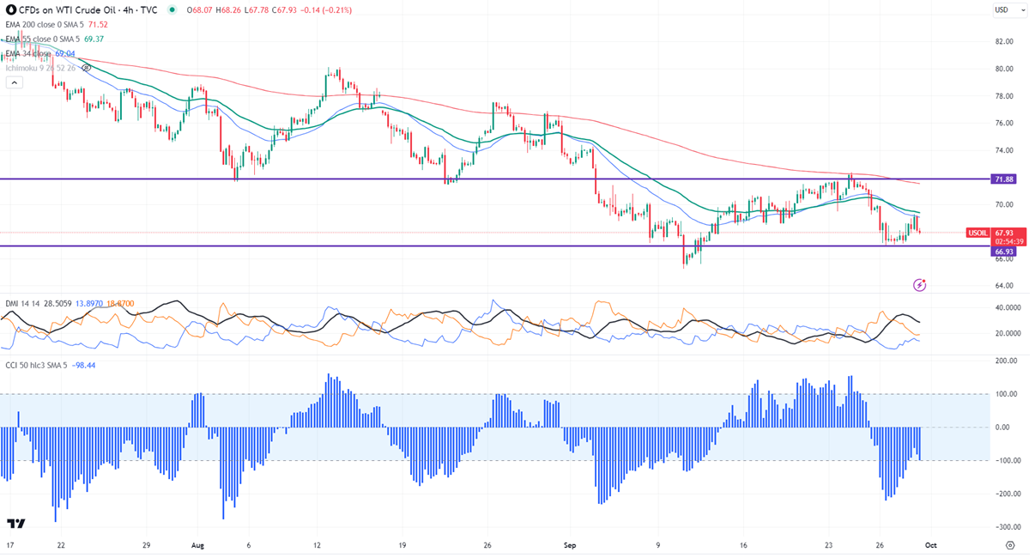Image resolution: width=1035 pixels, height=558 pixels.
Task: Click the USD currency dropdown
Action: (x=1009, y=10)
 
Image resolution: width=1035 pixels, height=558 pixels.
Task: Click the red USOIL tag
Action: (x=978, y=233)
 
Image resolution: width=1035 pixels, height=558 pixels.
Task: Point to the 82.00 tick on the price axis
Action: (x=1004, y=41)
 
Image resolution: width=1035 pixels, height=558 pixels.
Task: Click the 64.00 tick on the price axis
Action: (x=1004, y=285)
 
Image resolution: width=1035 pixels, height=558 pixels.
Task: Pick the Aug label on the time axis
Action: (x=198, y=544)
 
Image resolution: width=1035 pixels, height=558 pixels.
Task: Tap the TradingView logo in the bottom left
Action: (x=15, y=524)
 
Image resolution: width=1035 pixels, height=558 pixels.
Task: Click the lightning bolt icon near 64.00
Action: (x=921, y=284)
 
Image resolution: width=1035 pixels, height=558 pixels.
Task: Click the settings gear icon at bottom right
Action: (x=1009, y=544)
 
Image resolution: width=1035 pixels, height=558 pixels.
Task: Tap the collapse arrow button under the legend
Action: (x=14, y=82)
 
